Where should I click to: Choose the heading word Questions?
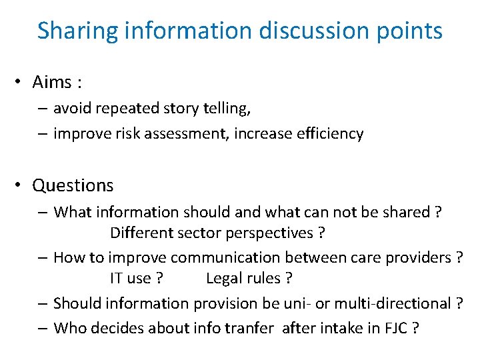tap(73, 185)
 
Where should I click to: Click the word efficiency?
tap(327, 133)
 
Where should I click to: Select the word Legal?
tap(223, 278)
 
